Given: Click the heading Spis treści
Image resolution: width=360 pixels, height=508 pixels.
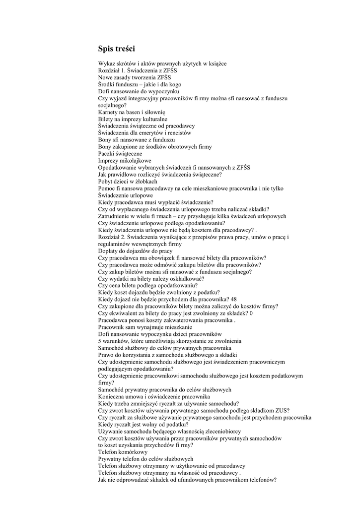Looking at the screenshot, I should pos(117,49).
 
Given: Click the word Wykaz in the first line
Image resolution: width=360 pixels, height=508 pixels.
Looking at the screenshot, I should pos(107,64).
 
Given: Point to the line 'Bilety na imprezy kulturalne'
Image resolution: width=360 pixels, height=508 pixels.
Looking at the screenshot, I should pos(133,120).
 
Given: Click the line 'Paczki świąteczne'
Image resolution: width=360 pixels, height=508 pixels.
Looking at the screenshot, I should pos(120,154).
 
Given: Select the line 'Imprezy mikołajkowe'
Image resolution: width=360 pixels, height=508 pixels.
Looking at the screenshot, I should pos(125,161).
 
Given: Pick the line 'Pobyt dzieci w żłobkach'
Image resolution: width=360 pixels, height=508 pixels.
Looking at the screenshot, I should pos(128,182).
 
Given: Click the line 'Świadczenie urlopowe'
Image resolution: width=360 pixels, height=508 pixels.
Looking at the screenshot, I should pos(125,196).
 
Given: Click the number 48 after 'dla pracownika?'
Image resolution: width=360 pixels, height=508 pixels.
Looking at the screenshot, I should pos(234,300).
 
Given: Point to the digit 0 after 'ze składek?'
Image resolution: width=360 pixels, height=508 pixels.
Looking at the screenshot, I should pos(251,314).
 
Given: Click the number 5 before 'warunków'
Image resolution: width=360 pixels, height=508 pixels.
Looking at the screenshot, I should pos(100,341).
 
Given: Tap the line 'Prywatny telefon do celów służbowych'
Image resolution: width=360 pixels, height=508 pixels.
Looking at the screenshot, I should pos(145,459).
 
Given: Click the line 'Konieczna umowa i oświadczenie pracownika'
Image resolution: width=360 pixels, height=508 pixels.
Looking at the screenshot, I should pos(154,397).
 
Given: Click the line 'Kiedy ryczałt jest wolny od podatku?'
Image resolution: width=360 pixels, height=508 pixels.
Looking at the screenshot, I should pos(143,425).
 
